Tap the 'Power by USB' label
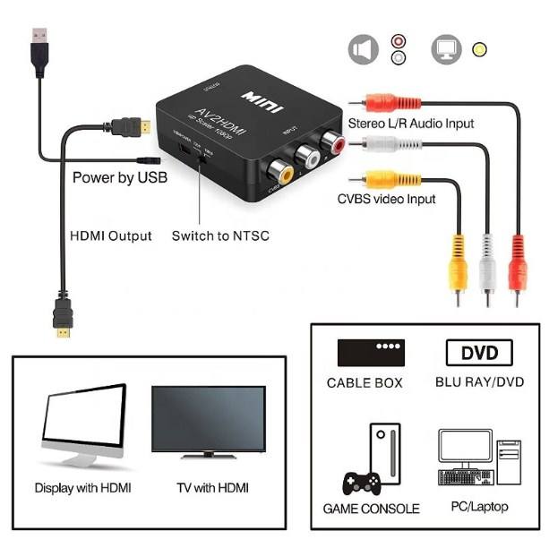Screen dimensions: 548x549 coord(119,177)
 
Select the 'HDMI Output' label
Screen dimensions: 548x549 coord(111,236)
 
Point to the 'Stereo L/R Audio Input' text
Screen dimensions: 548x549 coord(411,123)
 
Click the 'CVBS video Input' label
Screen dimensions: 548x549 coord(386,198)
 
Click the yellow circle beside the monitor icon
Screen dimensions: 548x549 coord(481,49)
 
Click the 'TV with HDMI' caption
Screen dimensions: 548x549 coord(208,489)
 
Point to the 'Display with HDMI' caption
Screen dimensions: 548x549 coord(82,489)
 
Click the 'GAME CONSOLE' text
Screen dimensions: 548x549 coord(371,509)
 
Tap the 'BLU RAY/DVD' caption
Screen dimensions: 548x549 coord(479,382)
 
